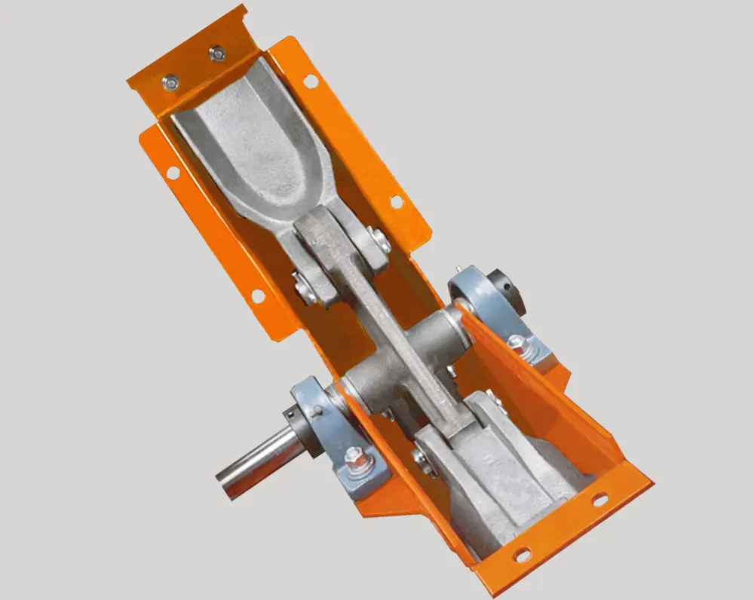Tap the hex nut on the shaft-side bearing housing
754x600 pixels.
tap(353, 458)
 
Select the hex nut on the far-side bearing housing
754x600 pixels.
tap(517, 343)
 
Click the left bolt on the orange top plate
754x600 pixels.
tap(170, 81)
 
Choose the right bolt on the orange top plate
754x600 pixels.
tap(218, 53)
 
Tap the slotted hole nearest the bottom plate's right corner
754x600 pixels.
tap(599, 498)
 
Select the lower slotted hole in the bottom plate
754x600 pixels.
tap(521, 556)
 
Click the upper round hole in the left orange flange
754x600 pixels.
tap(173, 173)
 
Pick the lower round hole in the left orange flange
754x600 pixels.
tap(257, 295)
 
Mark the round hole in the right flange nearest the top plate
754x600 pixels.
tap(310, 81)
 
